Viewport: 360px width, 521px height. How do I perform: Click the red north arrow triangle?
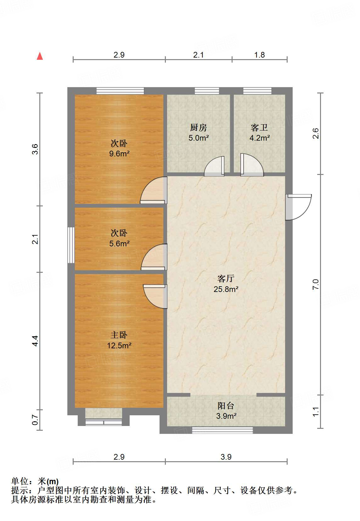tap(40, 56)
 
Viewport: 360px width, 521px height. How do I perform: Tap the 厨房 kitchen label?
tap(198, 127)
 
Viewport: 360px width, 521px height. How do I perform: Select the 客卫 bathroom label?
tap(259, 127)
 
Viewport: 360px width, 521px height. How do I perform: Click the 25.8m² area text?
tap(226, 289)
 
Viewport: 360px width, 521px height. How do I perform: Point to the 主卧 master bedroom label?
tap(119, 335)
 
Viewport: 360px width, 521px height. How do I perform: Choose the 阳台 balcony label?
tap(226, 406)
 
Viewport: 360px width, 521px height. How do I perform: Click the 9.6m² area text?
tap(119, 154)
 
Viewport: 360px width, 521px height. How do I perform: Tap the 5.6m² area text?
tap(119, 244)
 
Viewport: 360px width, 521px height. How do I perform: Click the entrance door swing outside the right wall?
tap(299, 207)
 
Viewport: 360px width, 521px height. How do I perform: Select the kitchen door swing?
tap(214, 166)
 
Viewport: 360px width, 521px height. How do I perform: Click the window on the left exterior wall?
tap(71, 245)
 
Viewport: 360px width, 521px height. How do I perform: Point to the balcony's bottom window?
tap(222, 430)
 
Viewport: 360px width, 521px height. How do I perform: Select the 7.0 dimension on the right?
tap(315, 284)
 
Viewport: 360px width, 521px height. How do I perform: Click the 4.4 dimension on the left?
tap(35, 341)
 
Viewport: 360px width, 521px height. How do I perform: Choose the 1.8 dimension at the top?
tap(260, 55)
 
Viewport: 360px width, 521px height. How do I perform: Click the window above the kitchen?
tap(207, 91)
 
